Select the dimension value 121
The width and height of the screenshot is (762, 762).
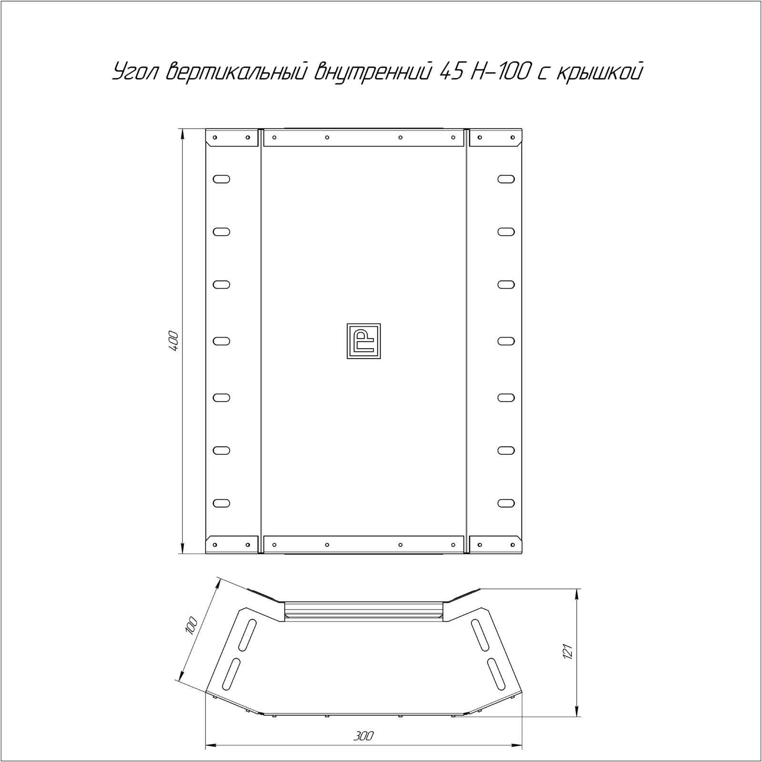click(x=567, y=652)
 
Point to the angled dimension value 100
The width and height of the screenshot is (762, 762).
click(x=190, y=625)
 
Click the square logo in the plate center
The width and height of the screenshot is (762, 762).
click(x=364, y=341)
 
